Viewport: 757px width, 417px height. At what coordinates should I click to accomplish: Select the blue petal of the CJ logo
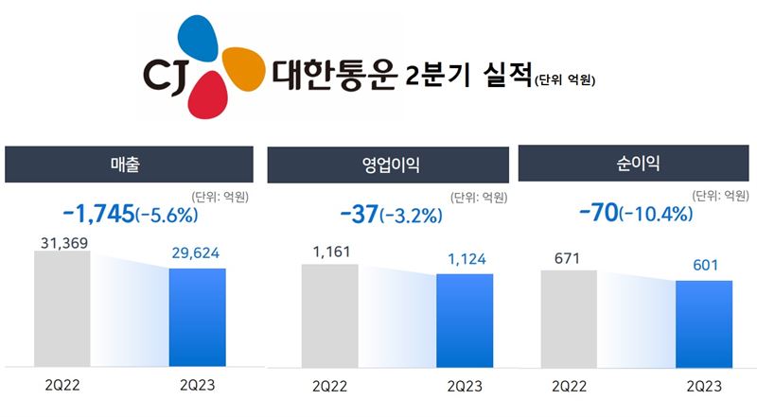click(x=201, y=43)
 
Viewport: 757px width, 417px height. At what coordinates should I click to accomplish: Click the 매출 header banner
click(x=130, y=164)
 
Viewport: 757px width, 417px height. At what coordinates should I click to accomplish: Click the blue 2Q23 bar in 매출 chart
click(x=198, y=317)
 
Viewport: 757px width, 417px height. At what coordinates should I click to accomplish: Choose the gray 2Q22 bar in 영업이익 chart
click(x=330, y=315)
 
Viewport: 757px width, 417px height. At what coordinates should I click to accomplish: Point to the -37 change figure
click(x=359, y=213)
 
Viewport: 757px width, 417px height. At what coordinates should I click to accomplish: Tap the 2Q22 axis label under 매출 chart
click(x=62, y=386)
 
